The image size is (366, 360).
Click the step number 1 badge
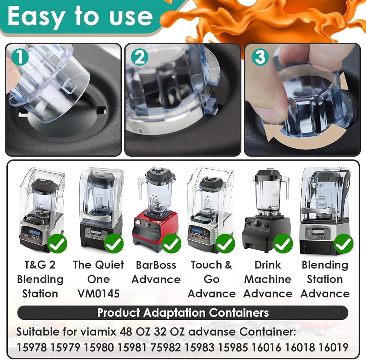click(20, 57)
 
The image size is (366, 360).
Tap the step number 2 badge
click(139, 57)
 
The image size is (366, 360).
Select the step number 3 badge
click(260, 57)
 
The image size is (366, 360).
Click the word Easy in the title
click(36, 17)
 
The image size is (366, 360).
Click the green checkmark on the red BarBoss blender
click(171, 244)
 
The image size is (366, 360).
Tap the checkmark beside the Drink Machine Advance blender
click(283, 244)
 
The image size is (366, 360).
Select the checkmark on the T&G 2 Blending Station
click(57, 244)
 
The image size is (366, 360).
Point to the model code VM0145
click(98, 293)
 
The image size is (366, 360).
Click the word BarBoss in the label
click(156, 265)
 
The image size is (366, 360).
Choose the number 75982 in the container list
click(165, 347)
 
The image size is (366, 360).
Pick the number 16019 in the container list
click(333, 347)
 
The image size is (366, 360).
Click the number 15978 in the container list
click(31, 347)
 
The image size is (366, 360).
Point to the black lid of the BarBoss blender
click(160, 174)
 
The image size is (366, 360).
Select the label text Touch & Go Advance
click(212, 279)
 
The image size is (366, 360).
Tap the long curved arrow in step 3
click(303, 138)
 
